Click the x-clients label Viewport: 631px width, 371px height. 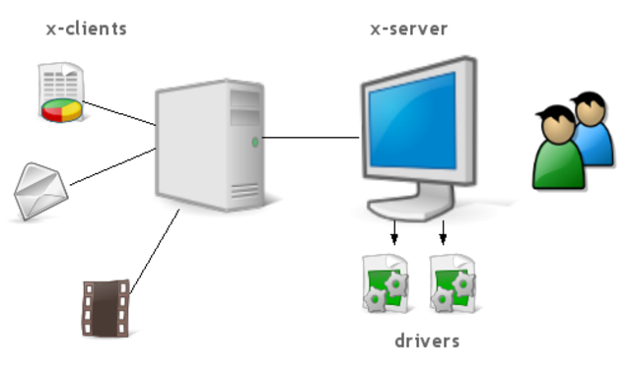(x=87, y=29)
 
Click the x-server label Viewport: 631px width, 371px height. (x=409, y=29)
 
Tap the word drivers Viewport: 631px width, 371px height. (x=427, y=340)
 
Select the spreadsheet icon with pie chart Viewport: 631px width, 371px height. (x=61, y=92)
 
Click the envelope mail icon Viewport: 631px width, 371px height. (x=40, y=191)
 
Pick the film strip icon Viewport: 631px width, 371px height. (x=106, y=308)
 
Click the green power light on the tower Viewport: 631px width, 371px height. (x=254, y=142)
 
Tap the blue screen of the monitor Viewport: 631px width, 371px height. (x=413, y=121)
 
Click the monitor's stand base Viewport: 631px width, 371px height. (x=410, y=208)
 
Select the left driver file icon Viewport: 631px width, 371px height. (x=386, y=283)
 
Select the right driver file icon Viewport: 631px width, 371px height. (x=454, y=283)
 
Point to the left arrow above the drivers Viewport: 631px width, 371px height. (x=394, y=232)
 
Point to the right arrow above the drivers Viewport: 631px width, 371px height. (x=443, y=232)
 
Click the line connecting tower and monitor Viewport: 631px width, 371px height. (x=311, y=138)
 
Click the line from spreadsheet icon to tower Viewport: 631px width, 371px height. (x=119, y=113)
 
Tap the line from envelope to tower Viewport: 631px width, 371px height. (x=113, y=166)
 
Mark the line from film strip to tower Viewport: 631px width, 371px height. (x=155, y=251)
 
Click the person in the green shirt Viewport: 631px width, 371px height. (x=558, y=148)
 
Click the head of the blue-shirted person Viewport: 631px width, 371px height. (x=590, y=107)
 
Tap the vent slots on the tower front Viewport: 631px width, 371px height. (x=245, y=191)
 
